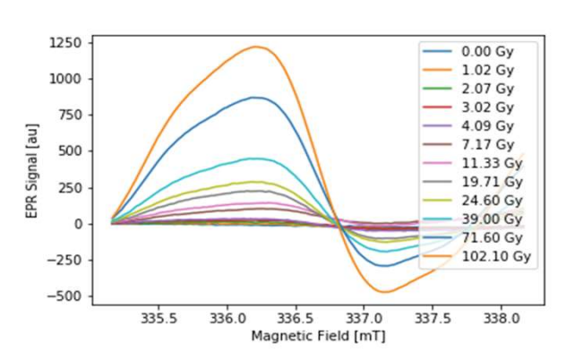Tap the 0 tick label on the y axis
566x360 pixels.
[x=80, y=224]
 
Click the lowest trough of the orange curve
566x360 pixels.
[x=385, y=292]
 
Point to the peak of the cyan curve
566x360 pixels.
[x=255, y=159]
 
